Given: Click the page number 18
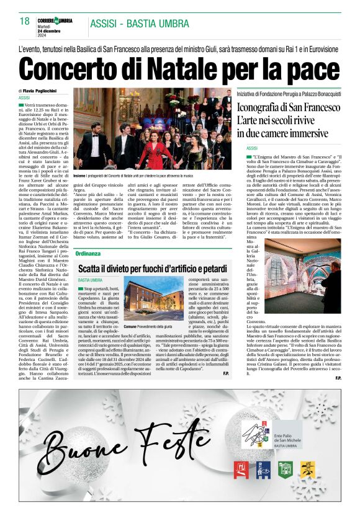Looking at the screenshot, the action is pyautogui.click(x=25, y=21).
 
